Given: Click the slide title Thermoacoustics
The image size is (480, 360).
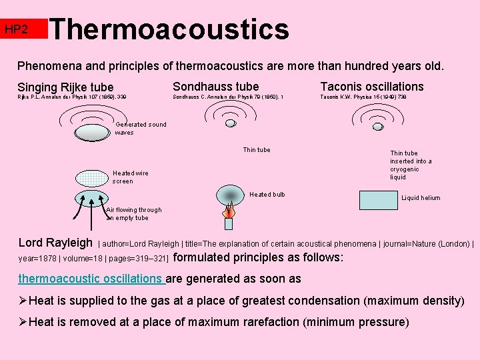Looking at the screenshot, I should [x=169, y=29].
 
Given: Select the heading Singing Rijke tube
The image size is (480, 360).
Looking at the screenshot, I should [x=65, y=87].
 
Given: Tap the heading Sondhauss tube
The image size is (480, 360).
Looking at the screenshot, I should [x=215, y=87].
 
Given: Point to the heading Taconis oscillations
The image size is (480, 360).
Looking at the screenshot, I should [x=372, y=87].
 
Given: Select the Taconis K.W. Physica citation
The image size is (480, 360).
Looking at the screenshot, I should [x=363, y=97].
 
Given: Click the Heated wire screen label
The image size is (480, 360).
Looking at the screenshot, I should [x=131, y=177].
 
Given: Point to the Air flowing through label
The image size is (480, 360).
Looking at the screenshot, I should [x=133, y=213].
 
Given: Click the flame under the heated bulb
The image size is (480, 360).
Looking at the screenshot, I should [x=229, y=214].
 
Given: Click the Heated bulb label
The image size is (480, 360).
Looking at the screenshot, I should [x=267, y=195].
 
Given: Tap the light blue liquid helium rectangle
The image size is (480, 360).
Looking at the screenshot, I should [x=377, y=201].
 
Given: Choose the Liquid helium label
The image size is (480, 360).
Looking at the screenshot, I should [x=420, y=198].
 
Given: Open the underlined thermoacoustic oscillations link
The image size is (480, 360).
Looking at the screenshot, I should [x=90, y=279].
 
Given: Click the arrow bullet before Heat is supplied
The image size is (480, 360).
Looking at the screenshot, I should [x=23, y=301].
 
